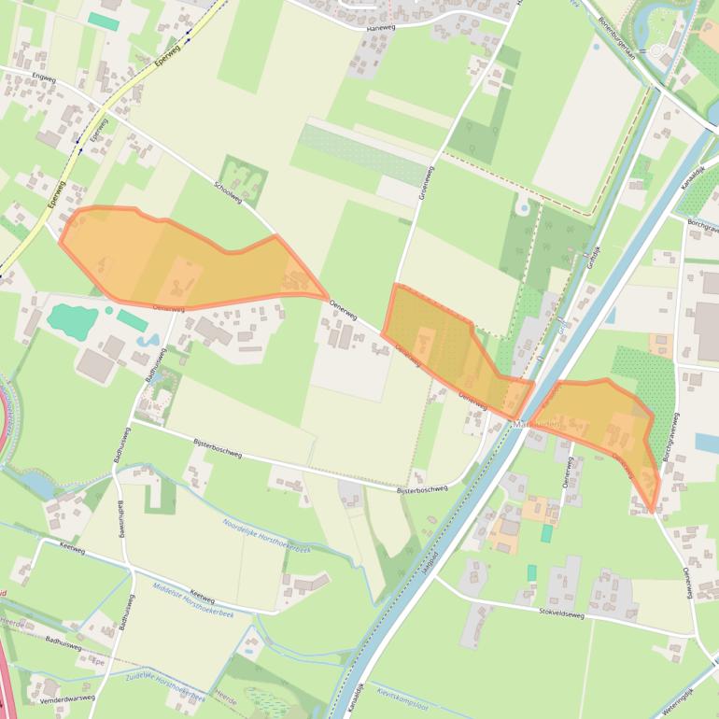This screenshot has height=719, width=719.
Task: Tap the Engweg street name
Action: [44, 78]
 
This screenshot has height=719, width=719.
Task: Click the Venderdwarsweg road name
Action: [68, 698]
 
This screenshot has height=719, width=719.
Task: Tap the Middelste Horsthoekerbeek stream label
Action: [192, 599]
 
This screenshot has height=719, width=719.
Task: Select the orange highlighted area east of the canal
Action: [607, 420]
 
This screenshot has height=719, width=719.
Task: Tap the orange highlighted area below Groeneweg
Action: [448, 350]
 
